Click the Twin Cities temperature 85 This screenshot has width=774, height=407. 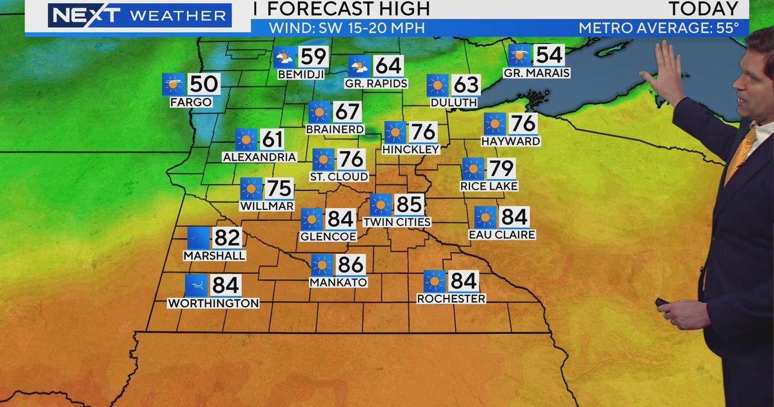(x=409, y=205)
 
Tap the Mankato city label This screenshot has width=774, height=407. (x=338, y=282)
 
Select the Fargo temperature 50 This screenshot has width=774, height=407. (x=203, y=84)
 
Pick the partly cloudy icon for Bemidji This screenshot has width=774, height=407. (x=284, y=57)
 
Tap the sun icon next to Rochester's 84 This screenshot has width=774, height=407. (x=434, y=281)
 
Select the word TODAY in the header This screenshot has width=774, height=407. (x=703, y=9)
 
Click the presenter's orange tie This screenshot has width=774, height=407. (x=742, y=152)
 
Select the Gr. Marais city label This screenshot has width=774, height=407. (x=537, y=73)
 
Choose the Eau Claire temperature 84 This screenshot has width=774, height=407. (x=514, y=217)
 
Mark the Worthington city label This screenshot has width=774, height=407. (x=213, y=303)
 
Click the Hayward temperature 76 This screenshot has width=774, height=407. (x=522, y=123)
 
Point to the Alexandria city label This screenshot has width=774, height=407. (x=259, y=157)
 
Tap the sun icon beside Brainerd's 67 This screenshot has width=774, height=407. (x=319, y=112)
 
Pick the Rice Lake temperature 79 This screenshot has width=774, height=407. (x=501, y=169)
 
